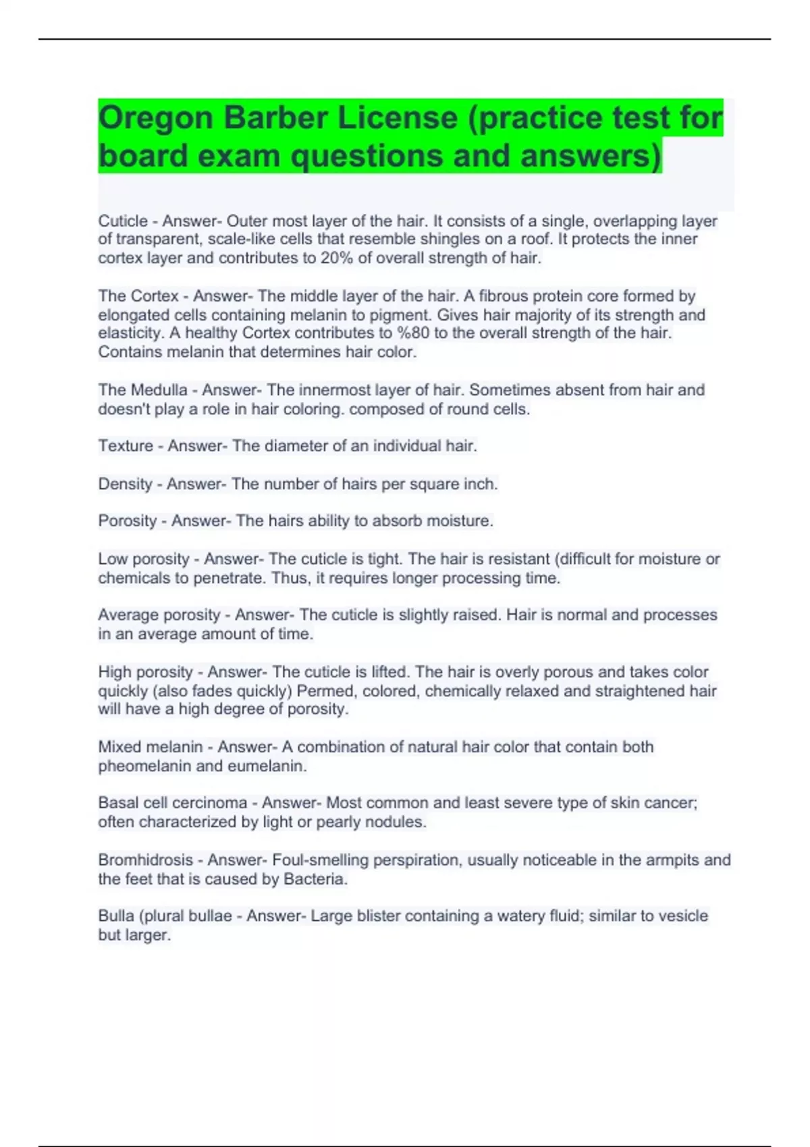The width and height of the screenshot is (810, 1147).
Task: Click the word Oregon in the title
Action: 156,118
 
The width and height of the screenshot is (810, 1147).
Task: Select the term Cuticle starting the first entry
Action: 123,221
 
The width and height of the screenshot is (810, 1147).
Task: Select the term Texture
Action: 126,446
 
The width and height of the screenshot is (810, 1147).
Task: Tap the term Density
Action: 125,484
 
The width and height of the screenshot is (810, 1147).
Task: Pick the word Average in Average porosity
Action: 126,615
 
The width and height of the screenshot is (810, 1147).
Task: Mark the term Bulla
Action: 116,916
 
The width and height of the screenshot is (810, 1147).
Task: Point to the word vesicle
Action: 683,916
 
